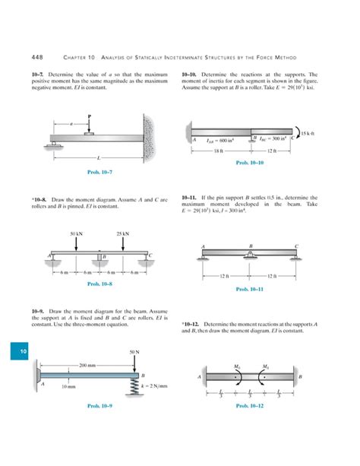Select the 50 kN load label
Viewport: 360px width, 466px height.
tap(77, 233)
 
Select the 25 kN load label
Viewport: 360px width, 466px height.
tap(122, 233)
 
